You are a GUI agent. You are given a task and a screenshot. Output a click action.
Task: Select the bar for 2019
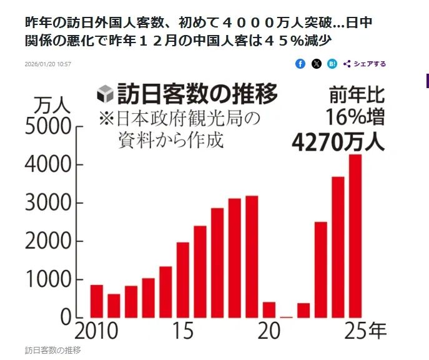pos(252,256)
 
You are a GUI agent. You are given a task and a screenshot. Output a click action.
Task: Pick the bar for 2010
pos(97,301)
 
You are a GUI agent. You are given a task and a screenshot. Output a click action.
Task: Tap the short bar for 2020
pos(269,309)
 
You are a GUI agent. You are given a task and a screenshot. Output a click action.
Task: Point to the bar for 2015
pos(183,279)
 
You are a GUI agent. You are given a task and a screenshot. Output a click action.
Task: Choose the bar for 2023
pos(321,269)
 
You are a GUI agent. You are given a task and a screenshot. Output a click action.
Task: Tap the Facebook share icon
pos(300,64)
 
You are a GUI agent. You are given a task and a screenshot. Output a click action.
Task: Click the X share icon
pos(317,64)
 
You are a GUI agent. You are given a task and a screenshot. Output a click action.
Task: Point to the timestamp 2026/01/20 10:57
pos(48,64)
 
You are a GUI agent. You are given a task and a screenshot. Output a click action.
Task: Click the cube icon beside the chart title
pos(106,96)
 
